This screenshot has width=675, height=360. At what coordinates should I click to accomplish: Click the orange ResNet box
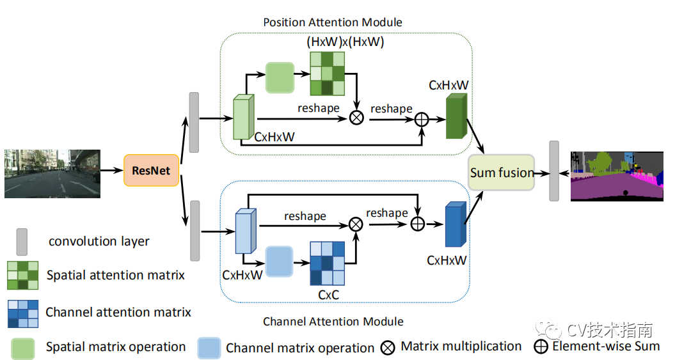pos(151,170)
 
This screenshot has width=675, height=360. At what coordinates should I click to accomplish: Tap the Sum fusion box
pos(501,173)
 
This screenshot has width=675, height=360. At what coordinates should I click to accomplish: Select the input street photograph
pos(52,174)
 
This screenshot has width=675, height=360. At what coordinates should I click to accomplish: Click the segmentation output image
pos(617,176)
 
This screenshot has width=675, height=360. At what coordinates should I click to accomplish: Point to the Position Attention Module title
pos(333,22)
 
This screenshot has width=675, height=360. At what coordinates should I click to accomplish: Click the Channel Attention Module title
pos(333,322)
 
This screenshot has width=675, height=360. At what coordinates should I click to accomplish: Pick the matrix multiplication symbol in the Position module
pos(356,118)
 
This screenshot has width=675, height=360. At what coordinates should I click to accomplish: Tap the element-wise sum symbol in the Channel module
pos(418,224)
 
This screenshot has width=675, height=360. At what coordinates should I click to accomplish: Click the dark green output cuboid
pos(456,116)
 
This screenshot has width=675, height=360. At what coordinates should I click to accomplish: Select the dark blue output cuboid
pos(456,224)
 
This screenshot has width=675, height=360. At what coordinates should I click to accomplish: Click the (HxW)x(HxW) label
pos(345,42)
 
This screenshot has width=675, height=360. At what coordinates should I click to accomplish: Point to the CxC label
pos(328,295)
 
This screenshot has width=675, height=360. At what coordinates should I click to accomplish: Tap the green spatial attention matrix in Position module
pos(327,74)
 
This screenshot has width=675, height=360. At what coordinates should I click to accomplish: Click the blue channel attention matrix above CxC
pos(327,263)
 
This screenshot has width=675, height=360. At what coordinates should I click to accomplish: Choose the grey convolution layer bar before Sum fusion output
pos(554,171)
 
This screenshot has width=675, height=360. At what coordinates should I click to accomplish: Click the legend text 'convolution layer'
pos(99,241)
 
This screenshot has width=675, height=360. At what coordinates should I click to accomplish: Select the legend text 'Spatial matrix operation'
pos(116,347)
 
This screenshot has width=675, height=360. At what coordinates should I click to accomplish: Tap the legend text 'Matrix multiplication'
pos(461,346)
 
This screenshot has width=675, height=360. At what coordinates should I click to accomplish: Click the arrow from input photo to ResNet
pos(112,171)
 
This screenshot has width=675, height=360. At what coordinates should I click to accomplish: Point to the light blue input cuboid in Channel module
pos(246,231)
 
